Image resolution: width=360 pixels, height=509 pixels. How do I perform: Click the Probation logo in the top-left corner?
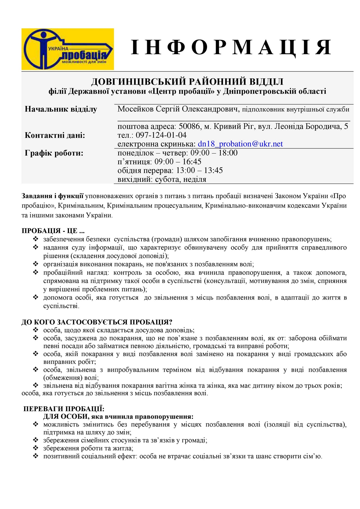67,49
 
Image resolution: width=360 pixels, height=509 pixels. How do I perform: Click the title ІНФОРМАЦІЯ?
231,47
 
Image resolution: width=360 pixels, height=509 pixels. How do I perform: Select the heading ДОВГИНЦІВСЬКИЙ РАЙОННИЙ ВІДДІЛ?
187,82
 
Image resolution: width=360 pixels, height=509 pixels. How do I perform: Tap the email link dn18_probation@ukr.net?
240,144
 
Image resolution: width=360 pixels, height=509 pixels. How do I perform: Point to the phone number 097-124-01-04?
161,135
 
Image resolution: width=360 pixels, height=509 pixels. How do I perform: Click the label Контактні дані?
55,135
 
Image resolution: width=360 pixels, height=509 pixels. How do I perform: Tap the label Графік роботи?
54,153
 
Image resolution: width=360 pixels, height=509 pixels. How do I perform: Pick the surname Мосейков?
136,109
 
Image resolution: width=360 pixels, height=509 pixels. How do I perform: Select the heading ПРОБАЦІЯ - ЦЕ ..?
53,231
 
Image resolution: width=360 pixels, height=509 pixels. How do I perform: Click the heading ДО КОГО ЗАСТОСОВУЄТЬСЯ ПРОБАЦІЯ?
97,322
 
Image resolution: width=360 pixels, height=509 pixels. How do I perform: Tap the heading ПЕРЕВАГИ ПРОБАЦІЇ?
64,409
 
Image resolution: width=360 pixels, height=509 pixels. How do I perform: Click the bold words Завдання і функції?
53,196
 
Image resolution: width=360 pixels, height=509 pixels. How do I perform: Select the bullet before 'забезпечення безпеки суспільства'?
36,239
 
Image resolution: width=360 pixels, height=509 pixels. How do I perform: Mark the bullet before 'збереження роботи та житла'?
36,448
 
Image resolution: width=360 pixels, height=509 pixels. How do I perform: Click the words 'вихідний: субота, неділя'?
162,179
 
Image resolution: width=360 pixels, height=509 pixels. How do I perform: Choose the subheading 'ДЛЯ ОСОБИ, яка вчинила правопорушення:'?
118,416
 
